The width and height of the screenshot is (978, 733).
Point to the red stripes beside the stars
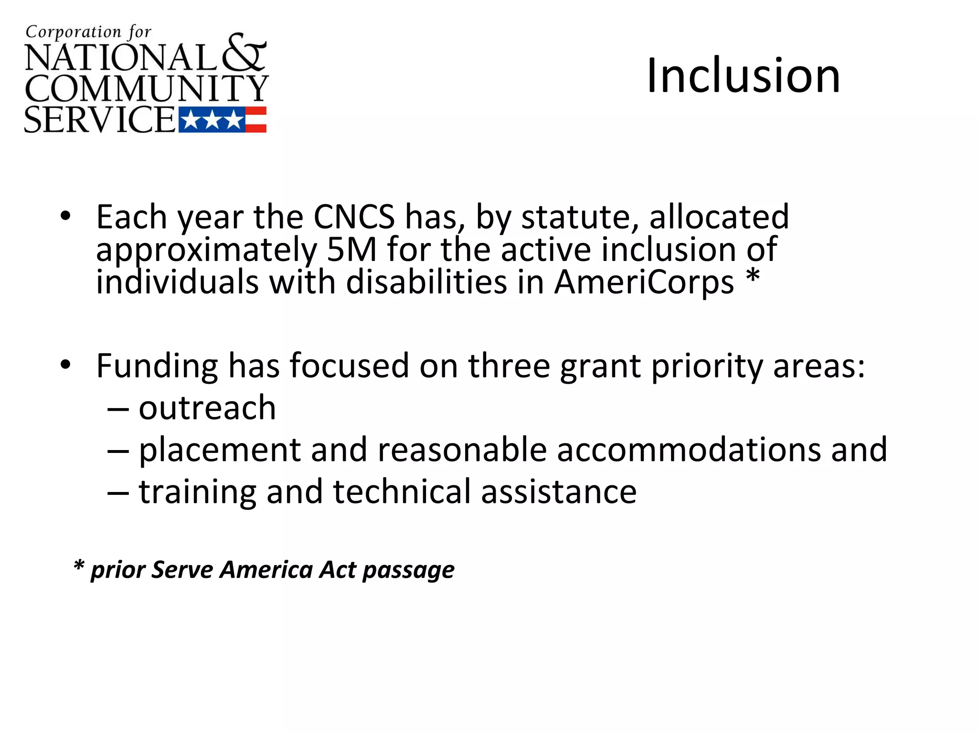click(256, 120)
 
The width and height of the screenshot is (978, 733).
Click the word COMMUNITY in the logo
click(146, 88)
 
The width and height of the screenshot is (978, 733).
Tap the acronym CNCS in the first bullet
click(354, 217)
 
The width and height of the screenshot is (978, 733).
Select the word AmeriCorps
click(644, 282)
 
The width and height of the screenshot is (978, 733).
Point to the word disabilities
click(426, 282)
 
